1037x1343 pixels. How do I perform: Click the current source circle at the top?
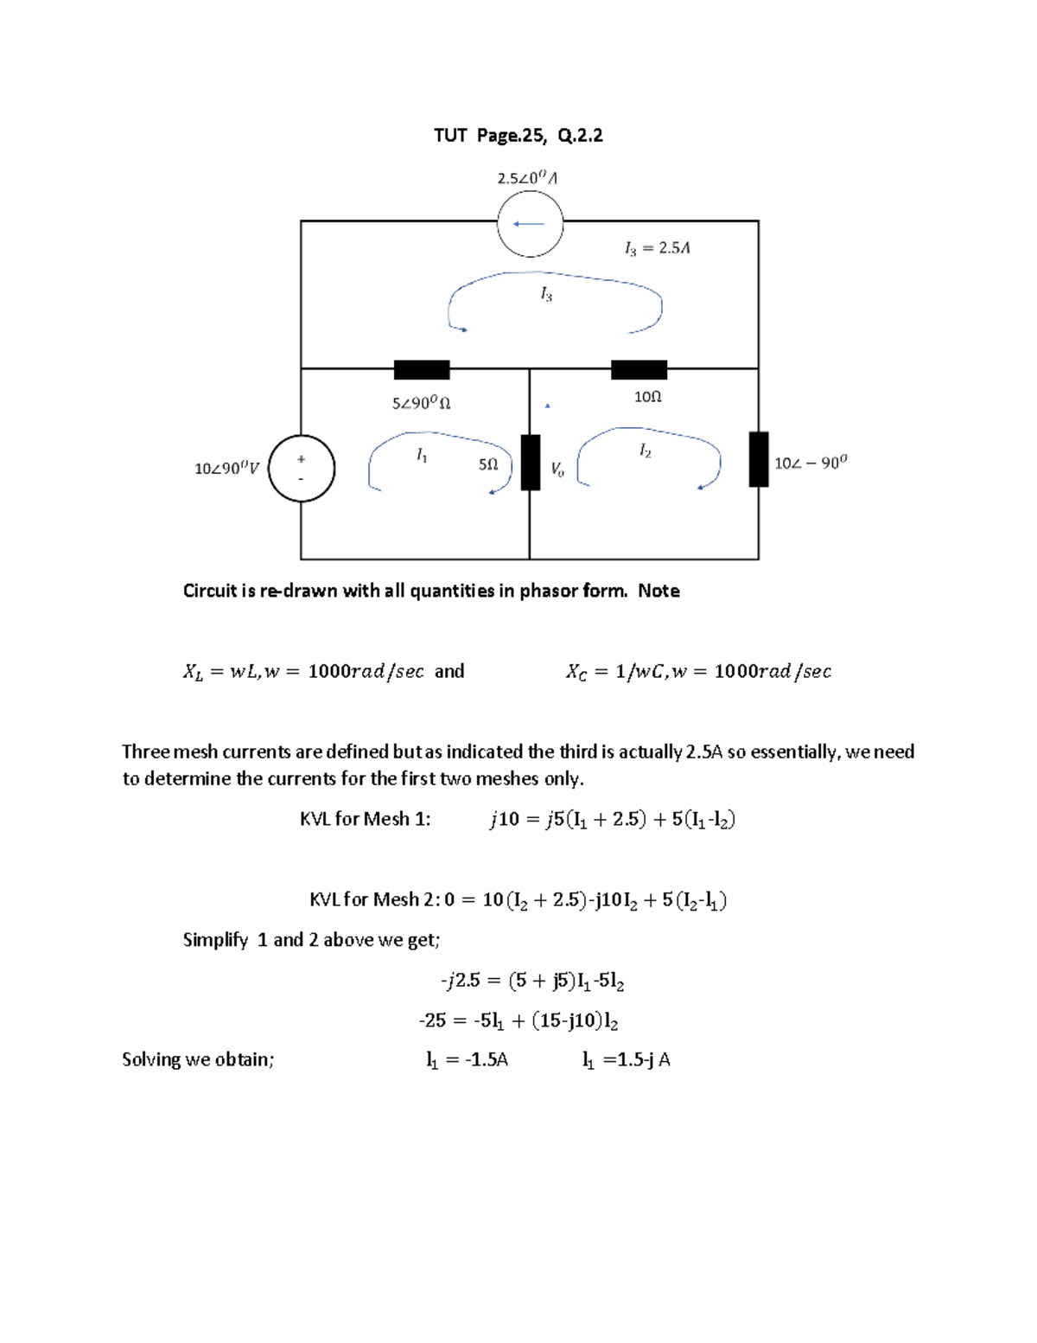530,223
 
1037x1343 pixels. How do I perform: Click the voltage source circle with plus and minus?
301,468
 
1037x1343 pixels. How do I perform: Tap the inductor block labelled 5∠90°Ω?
422,370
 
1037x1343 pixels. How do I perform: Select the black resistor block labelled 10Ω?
639,370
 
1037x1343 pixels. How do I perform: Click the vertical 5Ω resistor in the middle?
531,463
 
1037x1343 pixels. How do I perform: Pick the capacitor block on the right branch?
759,459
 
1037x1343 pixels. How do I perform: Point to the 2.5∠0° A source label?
527,178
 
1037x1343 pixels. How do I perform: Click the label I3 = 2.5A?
657,248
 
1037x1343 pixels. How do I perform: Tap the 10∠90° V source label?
226,469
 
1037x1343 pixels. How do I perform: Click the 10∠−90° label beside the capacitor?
811,463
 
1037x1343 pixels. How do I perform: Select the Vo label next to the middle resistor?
557,470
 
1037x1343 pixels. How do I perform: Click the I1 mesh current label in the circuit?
422,455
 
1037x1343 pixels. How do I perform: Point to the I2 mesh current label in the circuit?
645,451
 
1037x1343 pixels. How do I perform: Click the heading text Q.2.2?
580,135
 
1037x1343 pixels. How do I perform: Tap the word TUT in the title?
450,135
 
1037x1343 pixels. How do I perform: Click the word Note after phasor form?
658,591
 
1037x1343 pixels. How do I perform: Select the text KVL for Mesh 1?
365,819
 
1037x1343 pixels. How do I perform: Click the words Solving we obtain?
198,1059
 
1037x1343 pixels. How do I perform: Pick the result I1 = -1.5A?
467,1060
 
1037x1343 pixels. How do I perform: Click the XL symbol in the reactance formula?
193,672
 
